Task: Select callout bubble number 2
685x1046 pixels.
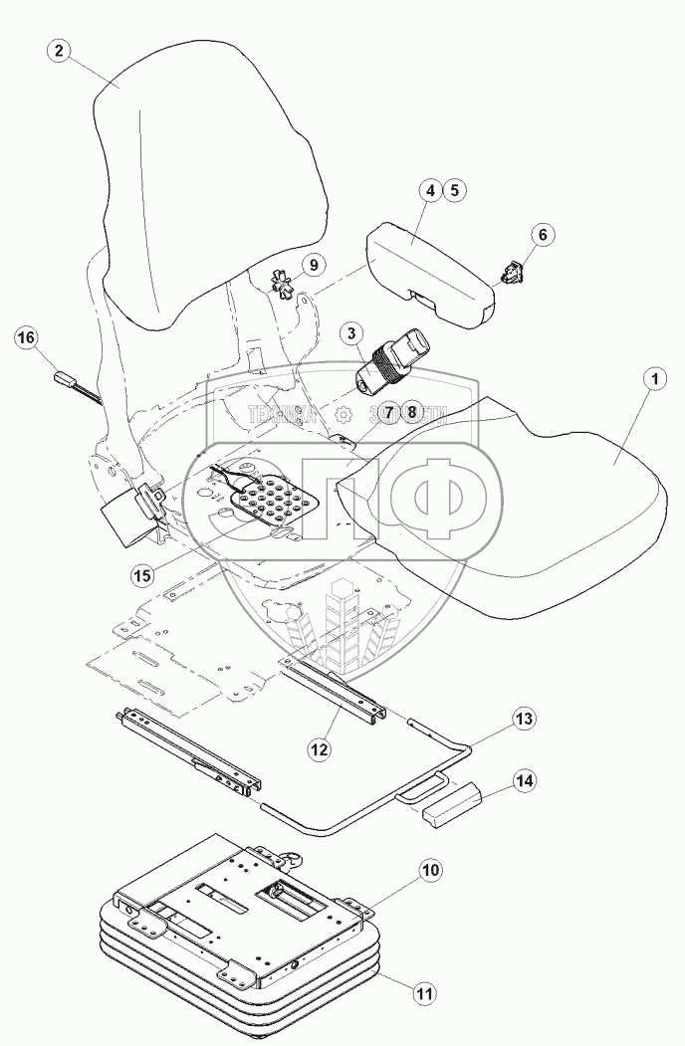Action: point(62,53)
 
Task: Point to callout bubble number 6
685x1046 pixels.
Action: point(542,235)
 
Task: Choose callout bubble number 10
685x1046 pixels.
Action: point(430,871)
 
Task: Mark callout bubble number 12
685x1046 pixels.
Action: point(318,746)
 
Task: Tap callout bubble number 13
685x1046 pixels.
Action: point(524,718)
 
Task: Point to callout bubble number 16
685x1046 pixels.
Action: point(27,338)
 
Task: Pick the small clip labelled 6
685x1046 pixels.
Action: point(513,272)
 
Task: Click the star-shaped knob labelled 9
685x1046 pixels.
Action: point(285,288)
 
